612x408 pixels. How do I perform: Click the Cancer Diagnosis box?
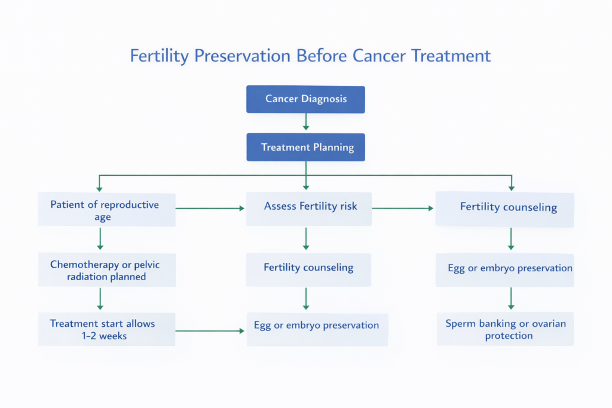(x=305, y=99)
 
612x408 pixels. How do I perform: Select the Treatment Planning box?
(x=305, y=147)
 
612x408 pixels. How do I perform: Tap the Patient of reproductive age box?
(x=106, y=210)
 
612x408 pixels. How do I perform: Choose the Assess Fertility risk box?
(x=309, y=208)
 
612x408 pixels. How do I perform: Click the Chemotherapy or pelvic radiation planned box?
(x=106, y=270)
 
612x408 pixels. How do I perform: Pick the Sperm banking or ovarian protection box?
(x=505, y=329)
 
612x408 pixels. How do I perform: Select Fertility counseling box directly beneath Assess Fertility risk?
(x=308, y=269)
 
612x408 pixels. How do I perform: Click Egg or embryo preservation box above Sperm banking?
(x=504, y=269)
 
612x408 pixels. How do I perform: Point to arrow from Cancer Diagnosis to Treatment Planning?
(x=306, y=122)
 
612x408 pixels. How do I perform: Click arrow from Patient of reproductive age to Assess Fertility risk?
(x=210, y=208)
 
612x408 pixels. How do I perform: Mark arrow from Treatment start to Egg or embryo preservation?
(x=210, y=330)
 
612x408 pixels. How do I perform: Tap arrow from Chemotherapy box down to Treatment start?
(x=100, y=299)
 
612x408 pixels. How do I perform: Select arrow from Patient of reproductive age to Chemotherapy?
(x=100, y=238)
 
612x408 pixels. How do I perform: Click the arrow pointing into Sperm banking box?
(x=511, y=298)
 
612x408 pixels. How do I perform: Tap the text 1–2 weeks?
(x=105, y=336)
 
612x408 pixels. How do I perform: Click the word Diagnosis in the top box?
(x=324, y=99)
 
